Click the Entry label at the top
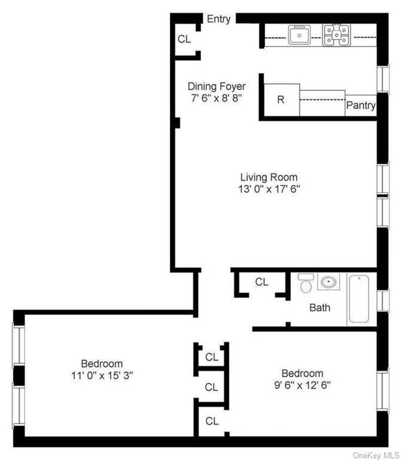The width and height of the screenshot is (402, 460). point(219,19)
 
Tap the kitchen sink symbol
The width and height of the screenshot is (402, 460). point(299,35)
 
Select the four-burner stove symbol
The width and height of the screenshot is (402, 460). point(336,35)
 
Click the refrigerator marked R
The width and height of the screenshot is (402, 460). point(281,100)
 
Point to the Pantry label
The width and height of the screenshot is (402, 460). point(361,105)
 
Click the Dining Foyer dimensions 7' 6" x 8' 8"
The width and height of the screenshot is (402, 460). point(217,98)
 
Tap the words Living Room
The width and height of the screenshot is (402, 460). point(269,177)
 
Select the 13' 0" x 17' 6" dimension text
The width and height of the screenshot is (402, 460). point(269,189)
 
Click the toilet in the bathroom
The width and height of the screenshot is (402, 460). point(306,283)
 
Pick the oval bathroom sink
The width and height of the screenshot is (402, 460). point(329,282)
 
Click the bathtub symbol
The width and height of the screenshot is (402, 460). point(359,298)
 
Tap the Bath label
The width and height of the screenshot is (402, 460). point(320,308)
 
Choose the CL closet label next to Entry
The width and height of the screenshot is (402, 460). point(184,39)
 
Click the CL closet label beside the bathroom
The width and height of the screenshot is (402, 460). point(262,282)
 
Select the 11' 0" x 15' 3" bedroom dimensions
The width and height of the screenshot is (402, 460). point(102,375)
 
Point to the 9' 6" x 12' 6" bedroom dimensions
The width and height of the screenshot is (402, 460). point(302,385)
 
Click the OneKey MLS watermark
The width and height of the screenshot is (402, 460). point(376,455)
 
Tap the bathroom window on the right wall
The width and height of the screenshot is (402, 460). point(383,300)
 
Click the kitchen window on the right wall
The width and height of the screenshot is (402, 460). point(383,79)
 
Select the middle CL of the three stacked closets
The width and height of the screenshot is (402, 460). point(211,387)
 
